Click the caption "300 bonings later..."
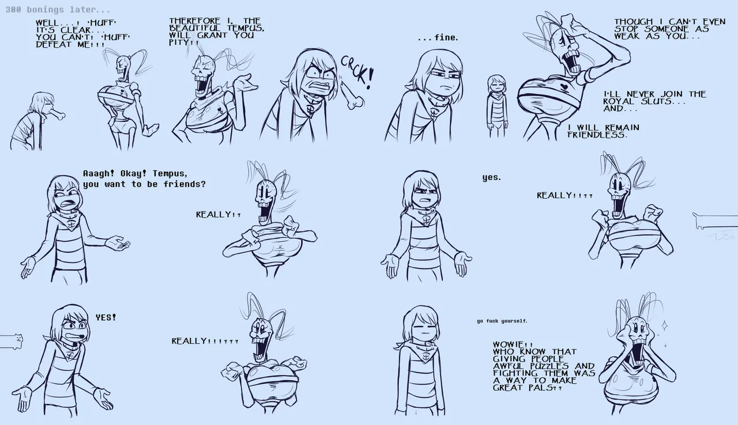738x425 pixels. point(58,10)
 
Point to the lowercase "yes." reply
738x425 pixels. point(492,177)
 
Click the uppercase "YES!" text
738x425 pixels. point(106,317)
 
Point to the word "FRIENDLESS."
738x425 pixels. point(597,135)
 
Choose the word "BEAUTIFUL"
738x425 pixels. point(194,28)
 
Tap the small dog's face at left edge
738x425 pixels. point(17,337)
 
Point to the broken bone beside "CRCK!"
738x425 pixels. point(352,96)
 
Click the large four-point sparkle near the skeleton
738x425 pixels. point(665,325)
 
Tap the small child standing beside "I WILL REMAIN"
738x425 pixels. point(496,105)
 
